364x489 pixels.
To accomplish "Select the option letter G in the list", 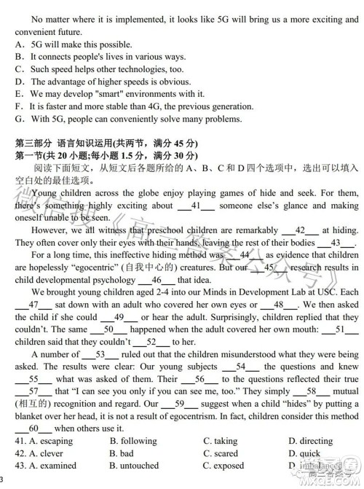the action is click(x=17, y=119).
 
